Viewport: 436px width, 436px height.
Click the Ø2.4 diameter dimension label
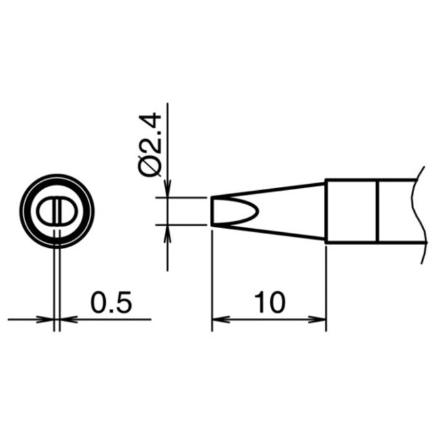point(149,145)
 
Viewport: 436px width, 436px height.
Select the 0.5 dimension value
point(111,302)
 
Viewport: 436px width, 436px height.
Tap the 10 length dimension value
point(270,302)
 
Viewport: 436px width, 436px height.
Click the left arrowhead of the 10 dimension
point(221,320)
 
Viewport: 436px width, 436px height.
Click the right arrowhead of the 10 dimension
point(317,320)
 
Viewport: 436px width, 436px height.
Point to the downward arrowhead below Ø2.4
point(168,189)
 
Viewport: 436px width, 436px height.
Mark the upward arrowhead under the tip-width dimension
point(168,234)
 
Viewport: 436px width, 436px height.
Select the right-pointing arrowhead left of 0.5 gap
point(45,320)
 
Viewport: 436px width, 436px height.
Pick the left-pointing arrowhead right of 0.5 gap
point(69,320)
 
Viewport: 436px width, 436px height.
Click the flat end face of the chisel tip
point(212,211)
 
